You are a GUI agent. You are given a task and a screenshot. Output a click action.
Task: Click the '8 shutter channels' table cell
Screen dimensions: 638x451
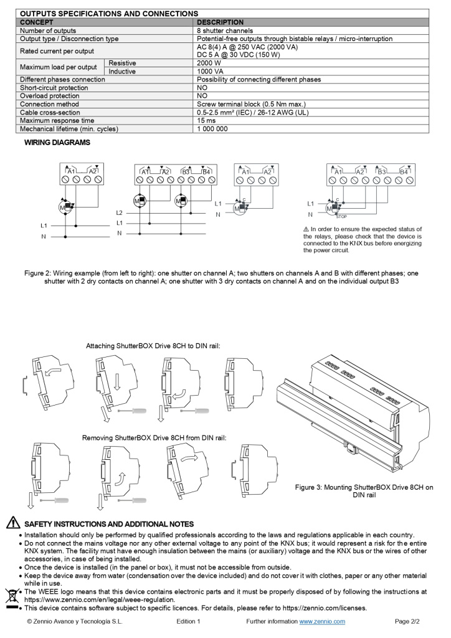225,31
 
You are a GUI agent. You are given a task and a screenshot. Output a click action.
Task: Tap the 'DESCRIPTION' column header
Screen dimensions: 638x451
220,22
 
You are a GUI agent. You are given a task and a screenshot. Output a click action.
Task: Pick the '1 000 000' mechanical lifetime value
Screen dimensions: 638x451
212,129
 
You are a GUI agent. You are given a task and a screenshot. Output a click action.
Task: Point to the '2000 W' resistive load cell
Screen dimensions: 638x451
209,63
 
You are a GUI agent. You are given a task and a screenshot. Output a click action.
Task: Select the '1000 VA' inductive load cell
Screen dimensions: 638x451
211,72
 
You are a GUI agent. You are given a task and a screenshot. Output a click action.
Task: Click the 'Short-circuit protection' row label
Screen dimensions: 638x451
54,88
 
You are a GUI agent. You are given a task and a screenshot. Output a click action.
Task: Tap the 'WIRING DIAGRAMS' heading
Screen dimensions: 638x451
57,143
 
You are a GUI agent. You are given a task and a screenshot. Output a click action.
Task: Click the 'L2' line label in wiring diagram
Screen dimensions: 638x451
119,213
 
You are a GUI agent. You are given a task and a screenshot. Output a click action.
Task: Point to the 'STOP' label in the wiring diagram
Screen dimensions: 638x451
341,217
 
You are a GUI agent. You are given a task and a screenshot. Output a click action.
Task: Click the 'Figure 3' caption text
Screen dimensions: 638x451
364,492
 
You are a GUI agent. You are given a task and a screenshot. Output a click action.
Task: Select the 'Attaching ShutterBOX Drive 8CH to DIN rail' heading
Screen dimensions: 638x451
153,345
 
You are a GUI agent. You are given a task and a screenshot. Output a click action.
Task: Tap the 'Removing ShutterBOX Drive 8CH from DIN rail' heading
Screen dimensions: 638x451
154,438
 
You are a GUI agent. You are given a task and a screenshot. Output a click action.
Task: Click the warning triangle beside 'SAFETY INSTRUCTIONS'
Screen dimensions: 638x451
12,524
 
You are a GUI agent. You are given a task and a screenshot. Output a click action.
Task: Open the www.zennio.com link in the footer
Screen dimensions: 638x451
322,622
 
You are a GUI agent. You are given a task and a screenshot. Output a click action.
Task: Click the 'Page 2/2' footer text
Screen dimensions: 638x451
408,622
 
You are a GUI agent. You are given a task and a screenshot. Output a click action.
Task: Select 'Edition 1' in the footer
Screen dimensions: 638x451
188,622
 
